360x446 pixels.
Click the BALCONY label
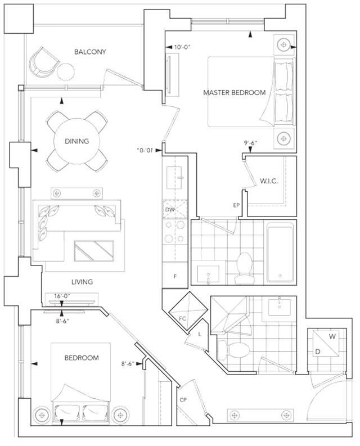pyautogui.click(x=90, y=52)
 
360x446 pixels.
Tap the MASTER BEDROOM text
pyautogui.click(x=234, y=92)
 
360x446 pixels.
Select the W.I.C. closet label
pyautogui.click(x=269, y=181)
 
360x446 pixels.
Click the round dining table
pyautogui.click(x=77, y=141)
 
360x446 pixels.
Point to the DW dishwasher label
pyautogui.click(x=170, y=210)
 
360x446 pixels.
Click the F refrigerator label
pyautogui.click(x=175, y=276)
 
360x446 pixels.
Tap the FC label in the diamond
pyautogui.click(x=182, y=318)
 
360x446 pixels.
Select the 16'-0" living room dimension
pyautogui.click(x=62, y=296)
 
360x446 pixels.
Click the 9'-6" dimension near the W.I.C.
pyautogui.click(x=250, y=143)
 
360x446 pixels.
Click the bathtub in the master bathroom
pyautogui.click(x=280, y=252)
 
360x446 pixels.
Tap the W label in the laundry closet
pyautogui.click(x=332, y=336)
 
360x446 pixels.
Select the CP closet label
pyautogui.click(x=183, y=400)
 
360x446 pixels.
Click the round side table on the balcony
pyautogui.click(x=66, y=71)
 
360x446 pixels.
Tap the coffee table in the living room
pyautogui.click(x=94, y=251)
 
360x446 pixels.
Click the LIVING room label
pyautogui.click(x=82, y=282)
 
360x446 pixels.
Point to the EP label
pyautogui.click(x=236, y=205)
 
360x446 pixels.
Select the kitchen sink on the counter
pyautogui.click(x=175, y=178)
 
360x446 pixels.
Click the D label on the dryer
pyautogui.click(x=318, y=352)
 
